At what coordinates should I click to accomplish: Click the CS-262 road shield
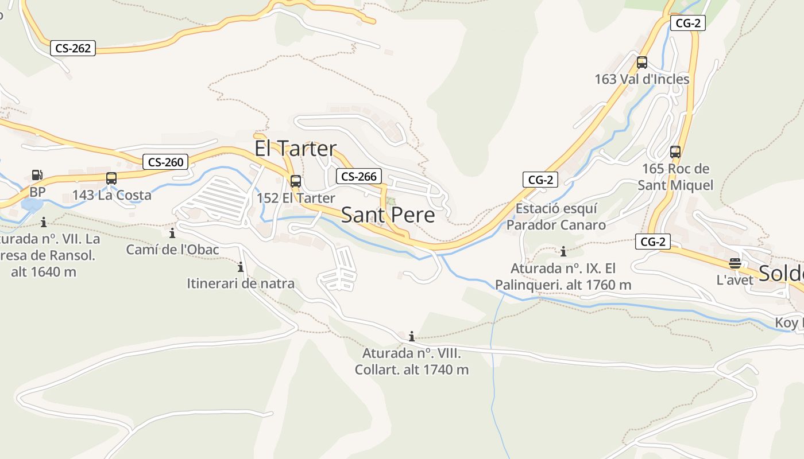72,48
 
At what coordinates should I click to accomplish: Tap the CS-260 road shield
165,162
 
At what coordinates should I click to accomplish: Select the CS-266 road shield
358,176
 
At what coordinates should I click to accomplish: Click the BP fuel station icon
37,174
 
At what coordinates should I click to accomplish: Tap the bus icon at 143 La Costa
111,178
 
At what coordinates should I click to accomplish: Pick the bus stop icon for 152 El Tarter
296,181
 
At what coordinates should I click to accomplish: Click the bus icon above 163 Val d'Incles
642,63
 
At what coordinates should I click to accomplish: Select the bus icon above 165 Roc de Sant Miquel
675,152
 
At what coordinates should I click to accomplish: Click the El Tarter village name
295,149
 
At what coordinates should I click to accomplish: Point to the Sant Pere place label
388,215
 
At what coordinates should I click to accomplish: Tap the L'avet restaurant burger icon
735,263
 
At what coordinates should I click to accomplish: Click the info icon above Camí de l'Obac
172,233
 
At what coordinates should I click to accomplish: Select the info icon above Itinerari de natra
241,267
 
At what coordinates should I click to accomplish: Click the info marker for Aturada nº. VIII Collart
411,336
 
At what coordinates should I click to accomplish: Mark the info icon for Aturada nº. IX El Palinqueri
563,251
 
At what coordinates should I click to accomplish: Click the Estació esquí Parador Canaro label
556,216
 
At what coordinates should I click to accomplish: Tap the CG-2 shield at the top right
687,23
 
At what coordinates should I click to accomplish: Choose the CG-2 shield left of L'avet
653,242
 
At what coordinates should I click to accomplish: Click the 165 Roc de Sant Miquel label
675,177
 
